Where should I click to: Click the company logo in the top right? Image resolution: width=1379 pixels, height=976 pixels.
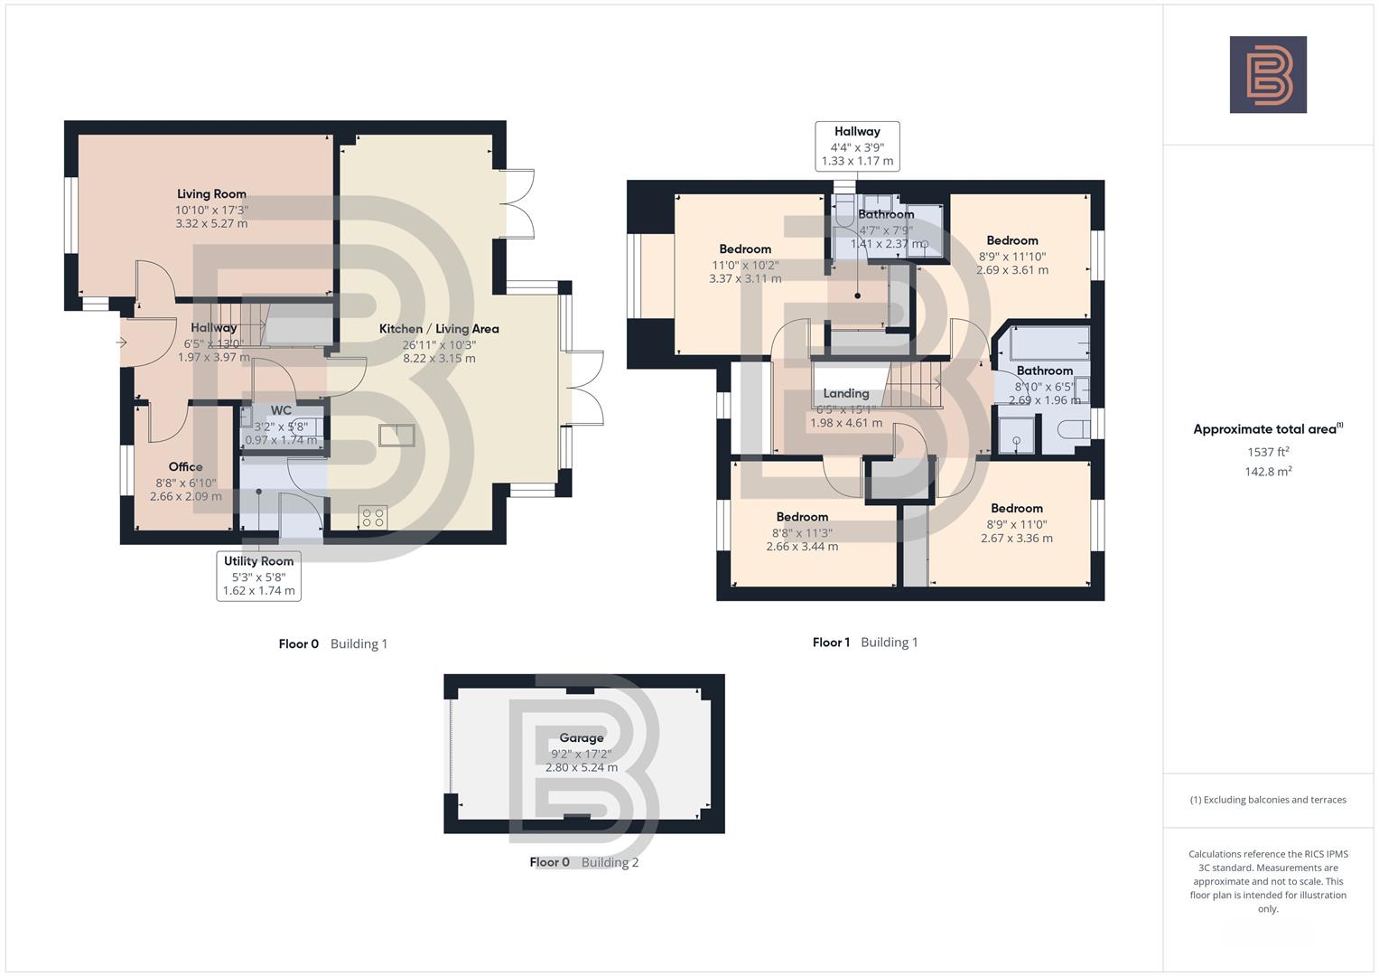click(1267, 74)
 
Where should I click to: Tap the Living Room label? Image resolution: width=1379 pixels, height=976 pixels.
click(211, 194)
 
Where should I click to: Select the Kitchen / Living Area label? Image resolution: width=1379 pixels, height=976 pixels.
click(439, 329)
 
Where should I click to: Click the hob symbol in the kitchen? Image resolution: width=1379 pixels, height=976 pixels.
click(373, 517)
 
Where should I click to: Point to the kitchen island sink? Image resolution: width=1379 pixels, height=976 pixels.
click(396, 436)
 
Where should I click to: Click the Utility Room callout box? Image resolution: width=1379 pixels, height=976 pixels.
click(258, 576)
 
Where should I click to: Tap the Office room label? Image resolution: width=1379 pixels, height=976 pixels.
click(185, 467)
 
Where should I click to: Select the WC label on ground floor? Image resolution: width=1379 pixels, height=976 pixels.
click(281, 411)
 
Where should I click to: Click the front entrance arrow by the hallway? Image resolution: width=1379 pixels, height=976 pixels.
click(122, 343)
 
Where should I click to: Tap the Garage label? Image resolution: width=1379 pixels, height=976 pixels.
click(581, 738)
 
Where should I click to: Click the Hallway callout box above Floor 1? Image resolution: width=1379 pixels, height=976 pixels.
click(857, 146)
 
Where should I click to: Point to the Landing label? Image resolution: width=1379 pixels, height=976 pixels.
click(845, 394)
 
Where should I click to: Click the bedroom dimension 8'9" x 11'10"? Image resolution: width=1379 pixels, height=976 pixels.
click(1012, 257)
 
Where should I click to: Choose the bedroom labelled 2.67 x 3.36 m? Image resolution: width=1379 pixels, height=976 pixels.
click(1017, 538)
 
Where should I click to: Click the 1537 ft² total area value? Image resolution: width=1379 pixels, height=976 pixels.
click(1268, 452)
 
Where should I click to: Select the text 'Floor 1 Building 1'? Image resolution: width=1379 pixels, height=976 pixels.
click(864, 643)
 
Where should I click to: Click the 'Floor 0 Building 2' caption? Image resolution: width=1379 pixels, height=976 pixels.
click(583, 862)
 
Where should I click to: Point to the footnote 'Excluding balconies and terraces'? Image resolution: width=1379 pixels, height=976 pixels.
click(1268, 800)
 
